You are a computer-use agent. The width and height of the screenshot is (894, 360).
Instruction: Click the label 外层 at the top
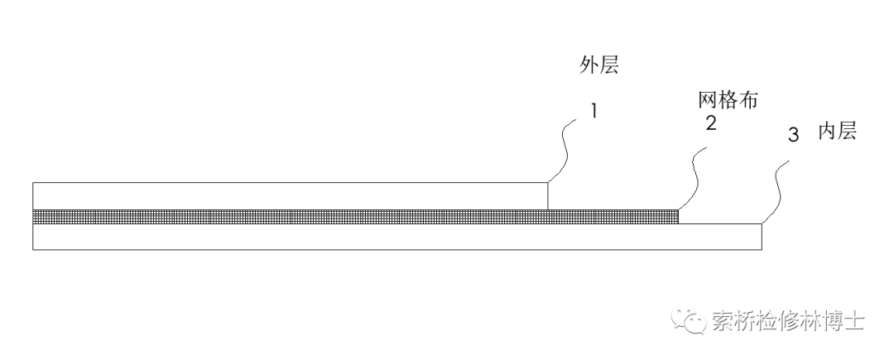[598, 67]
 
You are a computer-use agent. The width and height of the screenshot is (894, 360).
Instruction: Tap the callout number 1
[593, 110]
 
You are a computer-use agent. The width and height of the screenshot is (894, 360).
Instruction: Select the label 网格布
[728, 101]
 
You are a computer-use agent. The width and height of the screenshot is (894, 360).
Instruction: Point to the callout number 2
[710, 124]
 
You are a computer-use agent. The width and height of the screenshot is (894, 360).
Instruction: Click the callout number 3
[792, 136]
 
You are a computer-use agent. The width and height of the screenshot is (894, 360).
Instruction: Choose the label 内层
[836, 132]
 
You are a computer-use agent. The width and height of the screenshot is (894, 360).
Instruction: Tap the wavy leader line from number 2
[692, 179]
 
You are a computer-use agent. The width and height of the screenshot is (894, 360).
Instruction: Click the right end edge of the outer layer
[548, 196]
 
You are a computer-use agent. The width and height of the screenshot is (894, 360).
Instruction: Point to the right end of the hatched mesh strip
[678, 217]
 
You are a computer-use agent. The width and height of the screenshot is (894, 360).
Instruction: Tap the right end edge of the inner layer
[762, 237]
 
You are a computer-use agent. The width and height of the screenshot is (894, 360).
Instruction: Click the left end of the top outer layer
[33, 196]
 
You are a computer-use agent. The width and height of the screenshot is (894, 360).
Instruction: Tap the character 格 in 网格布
[728, 101]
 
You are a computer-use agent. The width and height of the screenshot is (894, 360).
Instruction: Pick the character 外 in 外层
[588, 67]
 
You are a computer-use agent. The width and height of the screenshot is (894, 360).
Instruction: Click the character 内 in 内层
[826, 132]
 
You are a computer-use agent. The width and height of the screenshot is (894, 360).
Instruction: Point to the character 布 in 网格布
[749, 101]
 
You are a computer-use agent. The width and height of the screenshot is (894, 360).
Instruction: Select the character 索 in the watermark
[721, 321]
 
